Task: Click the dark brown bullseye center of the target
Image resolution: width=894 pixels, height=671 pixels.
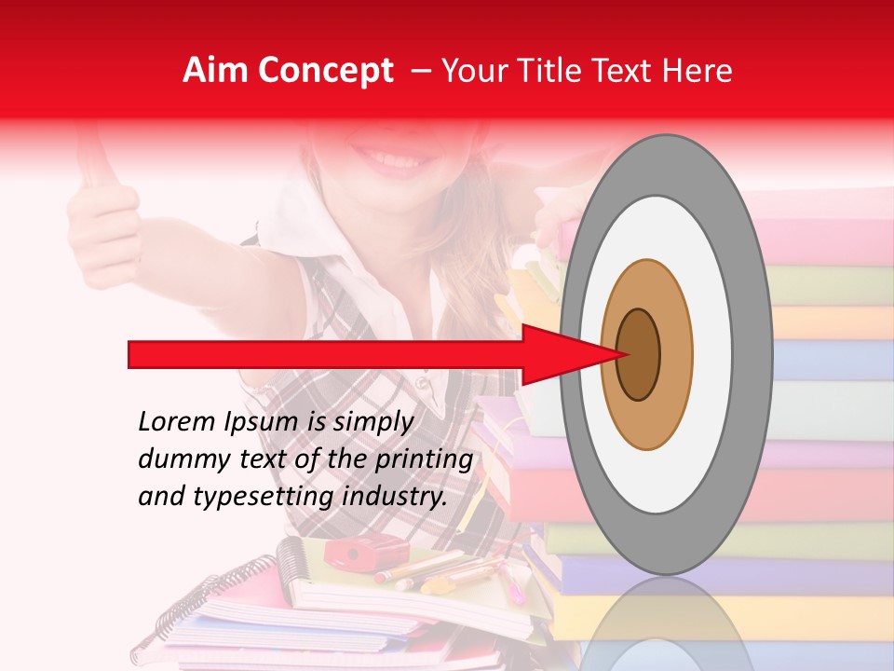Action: (638, 354)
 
